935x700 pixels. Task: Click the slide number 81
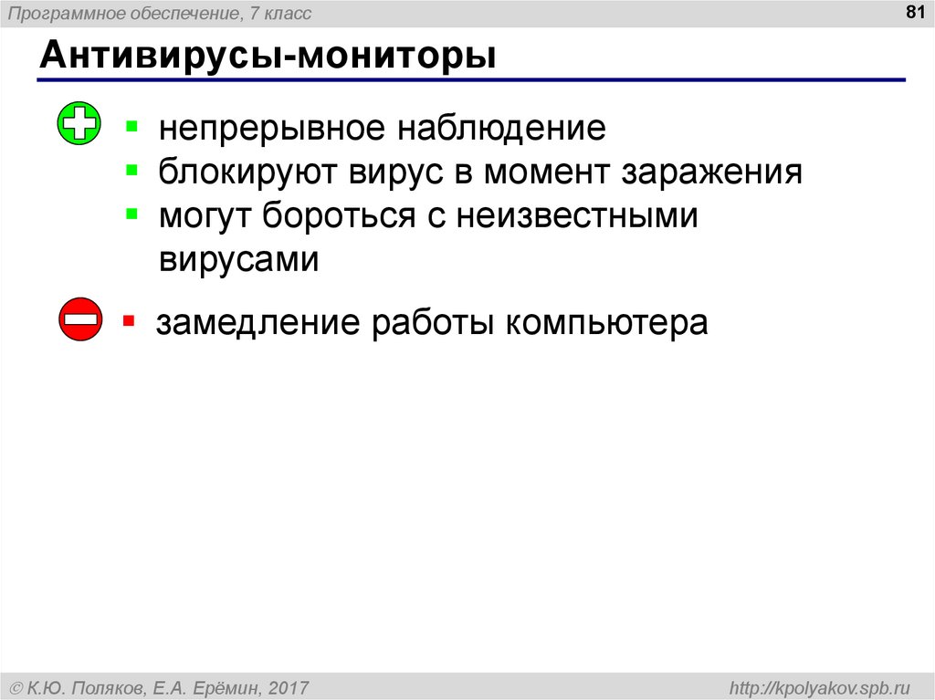[915, 12]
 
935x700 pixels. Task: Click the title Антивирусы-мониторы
[268, 56]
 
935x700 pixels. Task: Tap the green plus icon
[79, 123]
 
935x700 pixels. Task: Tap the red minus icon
[80, 319]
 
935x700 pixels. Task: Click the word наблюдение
[502, 128]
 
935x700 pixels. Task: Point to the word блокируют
[244, 172]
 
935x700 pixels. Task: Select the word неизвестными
[577, 216]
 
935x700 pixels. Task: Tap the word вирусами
[238, 260]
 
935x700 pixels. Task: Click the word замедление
[258, 323]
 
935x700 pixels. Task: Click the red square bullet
[129, 321]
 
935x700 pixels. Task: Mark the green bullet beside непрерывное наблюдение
[132, 127]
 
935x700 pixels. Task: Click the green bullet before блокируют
[132, 171]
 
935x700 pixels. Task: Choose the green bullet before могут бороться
[132, 214]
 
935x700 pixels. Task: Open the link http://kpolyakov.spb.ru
[819, 688]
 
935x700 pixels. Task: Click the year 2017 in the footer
[289, 688]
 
